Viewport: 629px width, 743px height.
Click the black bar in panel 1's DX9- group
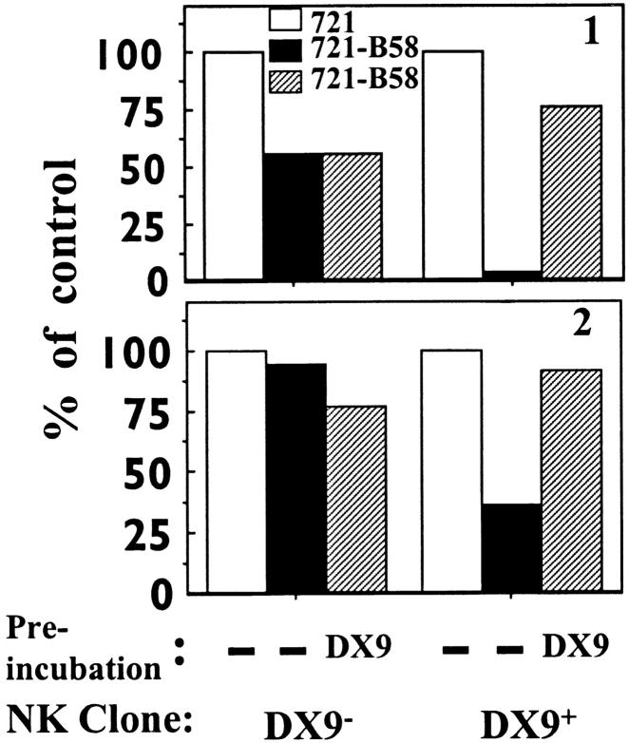pyautogui.click(x=294, y=216)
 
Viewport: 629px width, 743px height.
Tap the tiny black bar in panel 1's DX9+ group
pyautogui.click(x=452, y=275)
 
